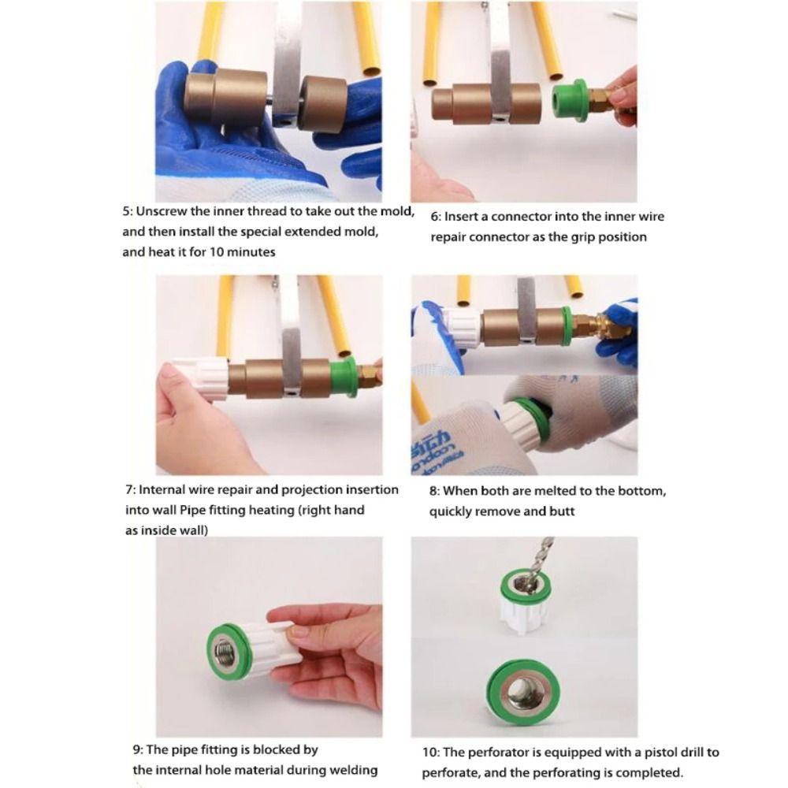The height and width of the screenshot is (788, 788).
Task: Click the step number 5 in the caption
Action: pyautogui.click(x=127, y=212)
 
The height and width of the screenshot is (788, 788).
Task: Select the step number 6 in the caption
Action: pyautogui.click(x=434, y=216)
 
